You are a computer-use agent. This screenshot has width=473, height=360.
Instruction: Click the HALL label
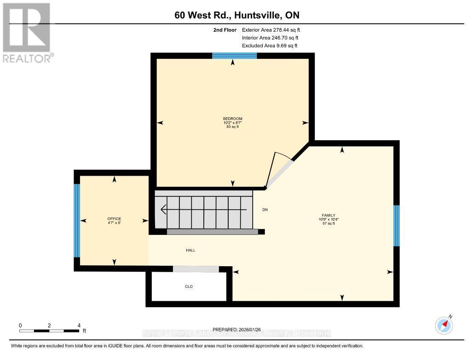[x=190, y=250]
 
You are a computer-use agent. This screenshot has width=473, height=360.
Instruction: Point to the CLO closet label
[x=189, y=286]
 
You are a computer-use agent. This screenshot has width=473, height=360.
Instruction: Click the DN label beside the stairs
[x=265, y=210]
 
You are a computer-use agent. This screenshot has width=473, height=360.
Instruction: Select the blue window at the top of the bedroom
[x=234, y=56]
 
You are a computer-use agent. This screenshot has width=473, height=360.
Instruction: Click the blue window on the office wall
[x=77, y=221]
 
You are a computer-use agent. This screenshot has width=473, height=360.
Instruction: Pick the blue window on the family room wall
[x=396, y=225]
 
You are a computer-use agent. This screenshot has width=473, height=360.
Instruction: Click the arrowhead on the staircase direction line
[x=163, y=210]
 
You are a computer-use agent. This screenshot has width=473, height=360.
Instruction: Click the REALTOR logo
[x=28, y=32]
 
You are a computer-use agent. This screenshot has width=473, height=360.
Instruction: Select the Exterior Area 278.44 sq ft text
[x=271, y=30]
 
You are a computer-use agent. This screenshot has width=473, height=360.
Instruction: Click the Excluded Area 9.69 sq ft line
[x=270, y=46]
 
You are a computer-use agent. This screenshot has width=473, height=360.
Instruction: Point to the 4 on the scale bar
[x=79, y=325]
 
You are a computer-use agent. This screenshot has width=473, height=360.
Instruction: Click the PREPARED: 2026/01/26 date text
[x=236, y=329]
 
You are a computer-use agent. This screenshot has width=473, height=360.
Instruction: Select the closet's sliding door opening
[x=196, y=269]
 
